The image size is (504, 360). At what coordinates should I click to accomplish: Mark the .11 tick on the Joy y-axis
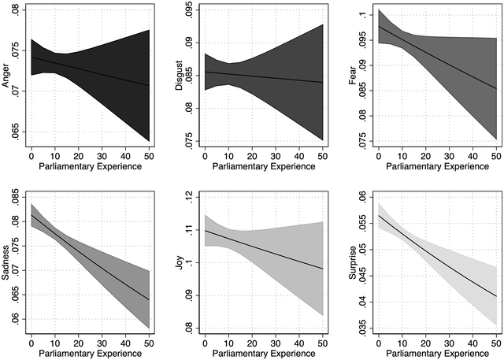coord(188,231)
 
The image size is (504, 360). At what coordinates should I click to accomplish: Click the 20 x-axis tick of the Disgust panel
coord(252,156)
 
